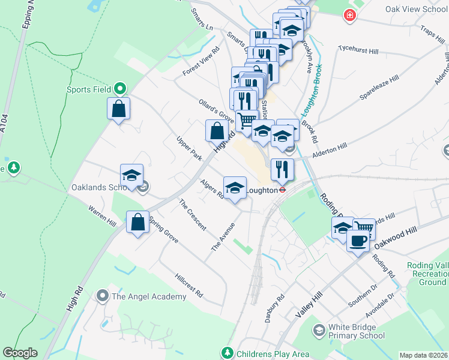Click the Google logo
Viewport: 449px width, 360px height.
coord(20,353)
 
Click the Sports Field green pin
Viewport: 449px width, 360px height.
coord(119,89)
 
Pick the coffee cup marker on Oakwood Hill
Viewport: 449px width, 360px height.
coord(358,241)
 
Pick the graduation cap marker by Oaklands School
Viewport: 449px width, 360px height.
coord(131,176)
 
